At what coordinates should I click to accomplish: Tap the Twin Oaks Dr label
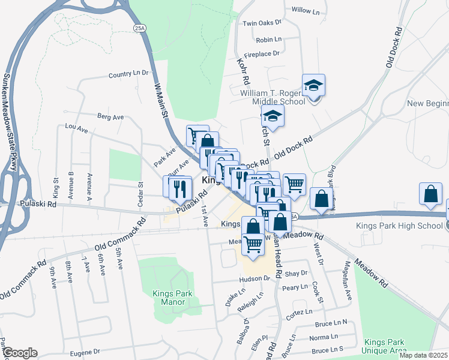262,23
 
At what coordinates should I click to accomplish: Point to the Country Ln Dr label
128,74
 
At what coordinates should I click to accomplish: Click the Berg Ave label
110,116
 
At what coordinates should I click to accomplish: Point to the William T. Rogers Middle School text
281,97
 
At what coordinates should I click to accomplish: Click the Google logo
20,353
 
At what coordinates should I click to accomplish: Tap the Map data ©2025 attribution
423,355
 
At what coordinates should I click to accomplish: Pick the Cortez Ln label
300,312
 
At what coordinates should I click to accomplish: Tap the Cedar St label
141,195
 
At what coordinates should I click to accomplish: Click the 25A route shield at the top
140,28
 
